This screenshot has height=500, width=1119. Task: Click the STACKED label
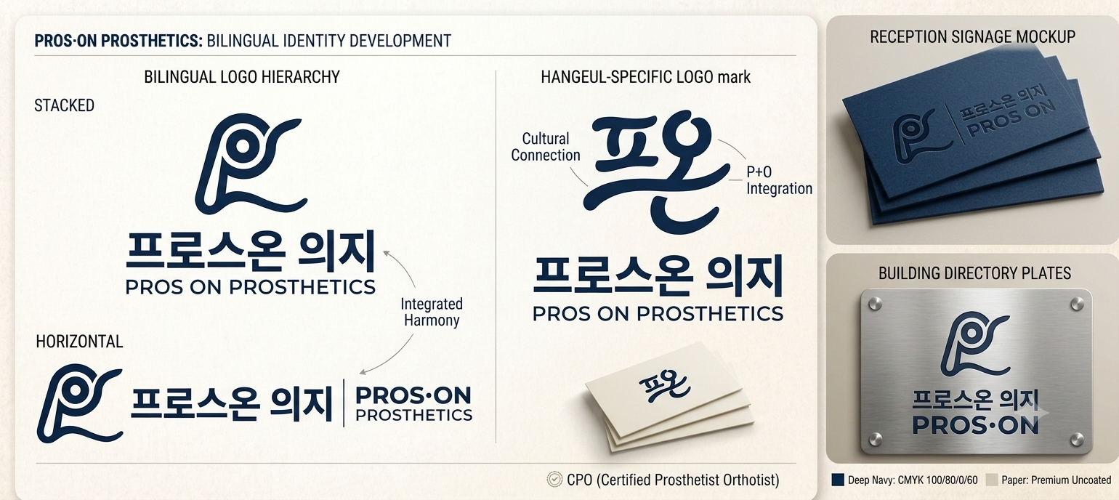tap(64, 105)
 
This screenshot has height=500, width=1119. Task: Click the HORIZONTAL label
tap(79, 342)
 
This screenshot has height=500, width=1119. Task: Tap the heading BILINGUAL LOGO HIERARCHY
tap(242, 77)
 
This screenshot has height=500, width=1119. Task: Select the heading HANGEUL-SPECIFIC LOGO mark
tap(645, 77)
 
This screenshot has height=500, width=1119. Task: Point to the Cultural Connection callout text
tap(545, 147)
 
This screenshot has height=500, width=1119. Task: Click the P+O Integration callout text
tap(779, 180)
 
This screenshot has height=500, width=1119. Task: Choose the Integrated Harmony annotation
tap(432, 312)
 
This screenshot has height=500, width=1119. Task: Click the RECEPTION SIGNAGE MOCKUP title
tap(972, 37)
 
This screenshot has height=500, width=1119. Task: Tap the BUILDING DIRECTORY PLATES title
tap(974, 273)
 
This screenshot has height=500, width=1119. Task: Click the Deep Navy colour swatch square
tap(838, 480)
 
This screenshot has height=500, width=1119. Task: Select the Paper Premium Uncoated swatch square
tap(992, 480)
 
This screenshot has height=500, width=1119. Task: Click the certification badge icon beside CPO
tap(554, 480)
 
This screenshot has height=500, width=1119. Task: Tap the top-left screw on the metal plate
tap(875, 303)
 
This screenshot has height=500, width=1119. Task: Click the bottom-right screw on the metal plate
tap(1077, 440)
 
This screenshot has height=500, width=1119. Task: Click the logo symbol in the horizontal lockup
tap(80, 403)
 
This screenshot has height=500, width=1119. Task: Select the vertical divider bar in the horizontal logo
tap(344, 403)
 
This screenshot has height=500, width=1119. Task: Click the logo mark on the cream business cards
tap(664, 385)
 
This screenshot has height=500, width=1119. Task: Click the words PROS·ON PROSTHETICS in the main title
tap(118, 41)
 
